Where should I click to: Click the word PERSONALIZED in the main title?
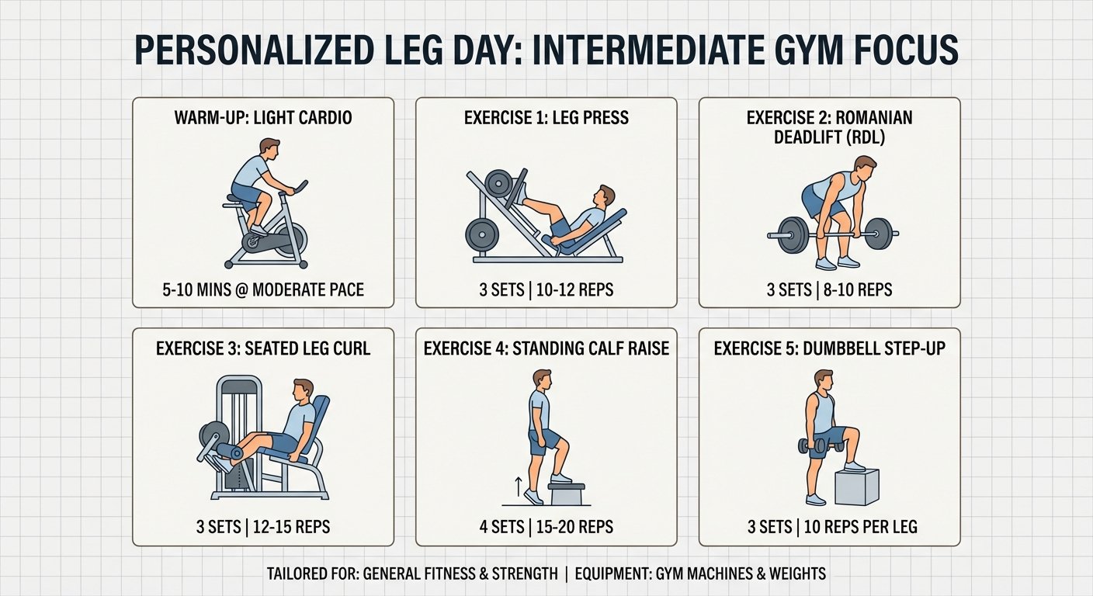(254, 50)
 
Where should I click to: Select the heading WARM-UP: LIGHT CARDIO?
(263, 118)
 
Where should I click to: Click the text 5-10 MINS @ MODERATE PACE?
(263, 289)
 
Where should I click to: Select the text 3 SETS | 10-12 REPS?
(546, 289)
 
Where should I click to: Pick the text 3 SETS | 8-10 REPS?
(830, 289)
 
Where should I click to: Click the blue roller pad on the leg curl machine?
(230, 451)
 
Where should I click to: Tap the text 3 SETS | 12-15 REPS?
(263, 527)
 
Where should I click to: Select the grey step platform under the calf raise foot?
(566, 494)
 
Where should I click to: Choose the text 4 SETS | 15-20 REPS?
(546, 527)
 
